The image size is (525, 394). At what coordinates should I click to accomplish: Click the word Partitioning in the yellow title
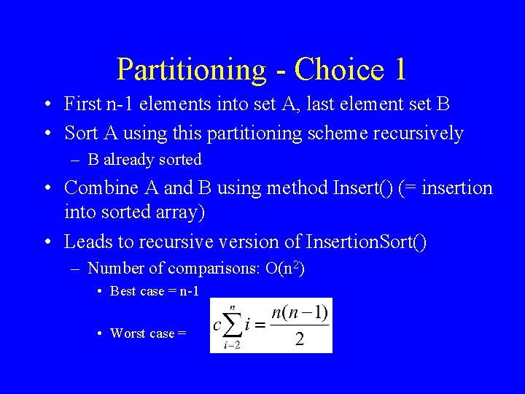[191, 70]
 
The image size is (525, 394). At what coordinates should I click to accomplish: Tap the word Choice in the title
[339, 70]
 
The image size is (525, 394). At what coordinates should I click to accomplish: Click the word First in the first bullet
[82, 104]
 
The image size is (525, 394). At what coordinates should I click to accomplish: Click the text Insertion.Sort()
[366, 242]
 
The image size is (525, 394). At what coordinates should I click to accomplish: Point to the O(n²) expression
[281, 269]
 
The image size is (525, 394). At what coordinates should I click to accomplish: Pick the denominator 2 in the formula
[300, 340]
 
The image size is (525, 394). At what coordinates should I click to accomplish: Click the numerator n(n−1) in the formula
[300, 314]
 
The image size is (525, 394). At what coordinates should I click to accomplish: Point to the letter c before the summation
[217, 325]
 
